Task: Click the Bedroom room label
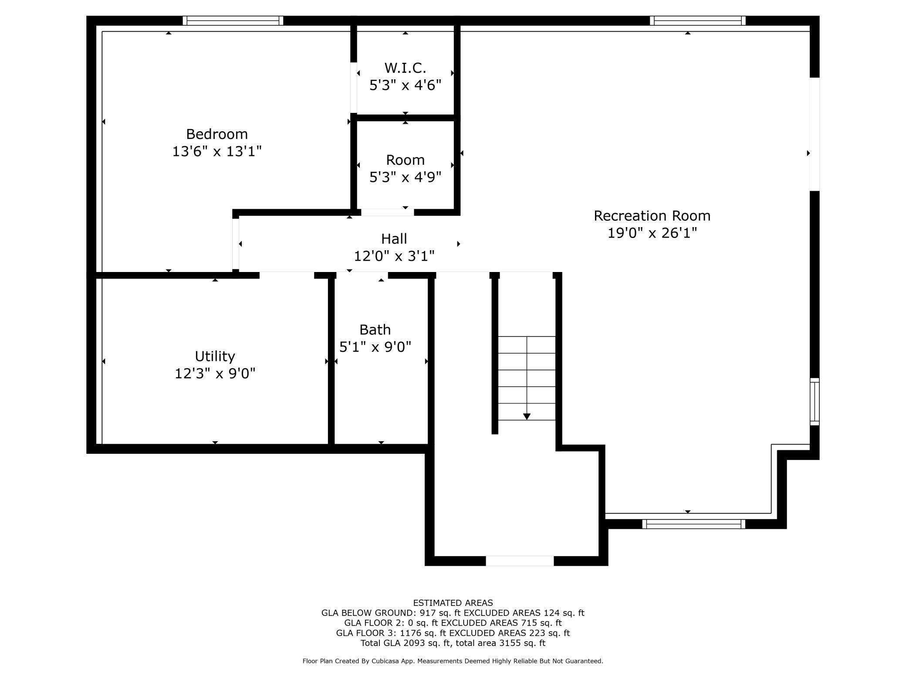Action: [216, 134]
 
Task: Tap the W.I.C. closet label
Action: [405, 68]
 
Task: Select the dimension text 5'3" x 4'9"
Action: [405, 177]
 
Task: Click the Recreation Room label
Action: [652, 216]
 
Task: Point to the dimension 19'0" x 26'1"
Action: [652, 233]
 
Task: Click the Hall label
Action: [394, 239]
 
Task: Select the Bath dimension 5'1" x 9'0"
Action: [375, 347]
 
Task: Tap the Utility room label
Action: [215, 356]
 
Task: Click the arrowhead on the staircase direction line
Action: [527, 417]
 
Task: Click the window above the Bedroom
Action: [233, 20]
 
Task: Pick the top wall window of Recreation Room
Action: [697, 20]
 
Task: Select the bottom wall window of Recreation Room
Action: [693, 524]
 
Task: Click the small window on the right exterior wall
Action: [814, 401]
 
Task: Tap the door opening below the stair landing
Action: [519, 561]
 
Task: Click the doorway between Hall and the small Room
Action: [387, 212]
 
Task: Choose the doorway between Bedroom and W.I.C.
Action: [354, 87]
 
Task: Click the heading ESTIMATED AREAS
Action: [453, 603]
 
